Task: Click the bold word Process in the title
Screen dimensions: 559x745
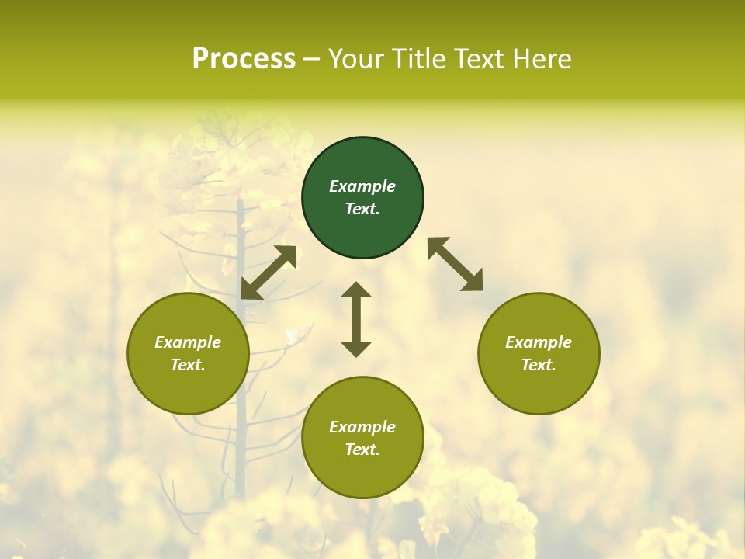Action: pyautogui.click(x=244, y=59)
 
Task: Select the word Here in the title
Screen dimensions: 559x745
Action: pyautogui.click(x=541, y=59)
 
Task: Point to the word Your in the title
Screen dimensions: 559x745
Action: pyautogui.click(x=358, y=59)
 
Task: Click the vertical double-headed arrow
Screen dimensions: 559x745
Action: pyautogui.click(x=356, y=319)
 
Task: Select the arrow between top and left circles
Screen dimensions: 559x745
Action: pyautogui.click(x=269, y=272)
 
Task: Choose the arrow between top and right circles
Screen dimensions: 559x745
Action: pyautogui.click(x=456, y=264)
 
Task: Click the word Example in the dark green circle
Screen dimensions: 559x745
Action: pyautogui.click(x=362, y=186)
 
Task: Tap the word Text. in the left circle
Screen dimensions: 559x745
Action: pyautogui.click(x=188, y=365)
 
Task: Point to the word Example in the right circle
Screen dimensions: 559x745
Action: pyautogui.click(x=539, y=342)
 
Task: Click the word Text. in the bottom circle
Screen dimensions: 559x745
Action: pyautogui.click(x=362, y=450)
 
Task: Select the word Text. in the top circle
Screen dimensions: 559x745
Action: pyautogui.click(x=362, y=209)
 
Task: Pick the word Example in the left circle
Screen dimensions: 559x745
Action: pyautogui.click(x=188, y=342)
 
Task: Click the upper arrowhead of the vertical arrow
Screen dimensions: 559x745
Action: pyautogui.click(x=356, y=291)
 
